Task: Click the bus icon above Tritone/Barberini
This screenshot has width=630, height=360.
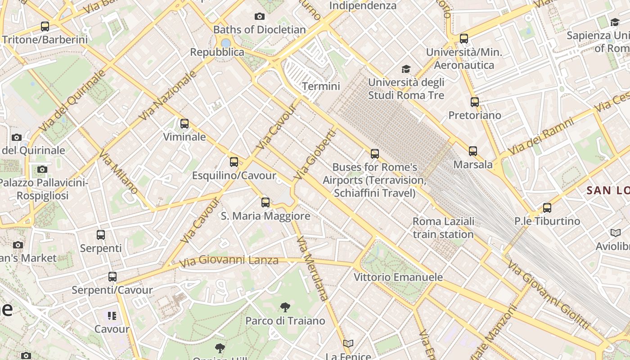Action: tap(45, 27)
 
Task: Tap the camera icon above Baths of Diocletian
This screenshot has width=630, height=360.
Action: tap(260, 17)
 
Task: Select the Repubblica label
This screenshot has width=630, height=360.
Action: tap(217, 52)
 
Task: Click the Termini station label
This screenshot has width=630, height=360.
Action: tap(321, 86)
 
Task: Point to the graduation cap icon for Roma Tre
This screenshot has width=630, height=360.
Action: tap(406, 69)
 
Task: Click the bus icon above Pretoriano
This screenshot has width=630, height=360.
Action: tap(475, 102)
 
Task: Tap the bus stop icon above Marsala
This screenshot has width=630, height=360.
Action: tap(473, 151)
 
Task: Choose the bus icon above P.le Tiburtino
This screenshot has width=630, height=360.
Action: tap(547, 208)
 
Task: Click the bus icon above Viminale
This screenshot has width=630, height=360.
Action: tap(184, 124)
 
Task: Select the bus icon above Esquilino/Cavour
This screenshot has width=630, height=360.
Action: tap(234, 162)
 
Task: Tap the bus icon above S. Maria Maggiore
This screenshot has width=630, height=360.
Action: tap(265, 202)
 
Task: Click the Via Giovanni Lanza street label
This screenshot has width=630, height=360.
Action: tap(229, 261)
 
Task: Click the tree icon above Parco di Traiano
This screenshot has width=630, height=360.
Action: tap(285, 308)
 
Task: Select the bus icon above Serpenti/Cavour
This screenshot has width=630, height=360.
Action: tap(112, 277)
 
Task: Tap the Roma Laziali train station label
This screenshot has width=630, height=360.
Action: tap(443, 228)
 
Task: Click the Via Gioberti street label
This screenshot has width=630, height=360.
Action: tap(315, 155)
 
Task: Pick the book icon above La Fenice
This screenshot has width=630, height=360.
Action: tap(348, 344)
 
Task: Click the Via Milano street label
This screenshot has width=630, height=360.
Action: tap(118, 173)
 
